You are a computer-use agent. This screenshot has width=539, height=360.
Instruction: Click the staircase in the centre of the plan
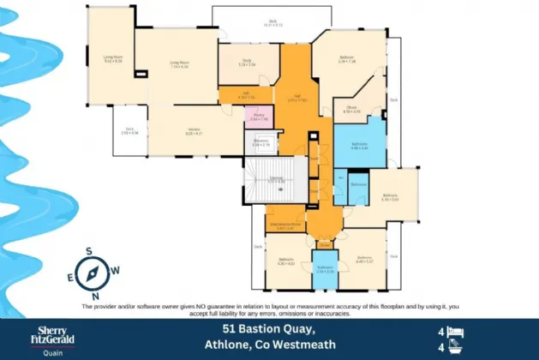coord(276,180)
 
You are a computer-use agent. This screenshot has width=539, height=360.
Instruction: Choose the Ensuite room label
coord(352,110)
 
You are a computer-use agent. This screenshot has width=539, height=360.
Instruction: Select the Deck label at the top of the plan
coord(272,22)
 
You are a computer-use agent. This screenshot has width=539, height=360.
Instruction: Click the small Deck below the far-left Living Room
coord(129,132)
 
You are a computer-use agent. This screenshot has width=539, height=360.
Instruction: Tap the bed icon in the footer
coord(456,331)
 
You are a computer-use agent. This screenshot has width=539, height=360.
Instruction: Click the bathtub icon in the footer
coord(456,348)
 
